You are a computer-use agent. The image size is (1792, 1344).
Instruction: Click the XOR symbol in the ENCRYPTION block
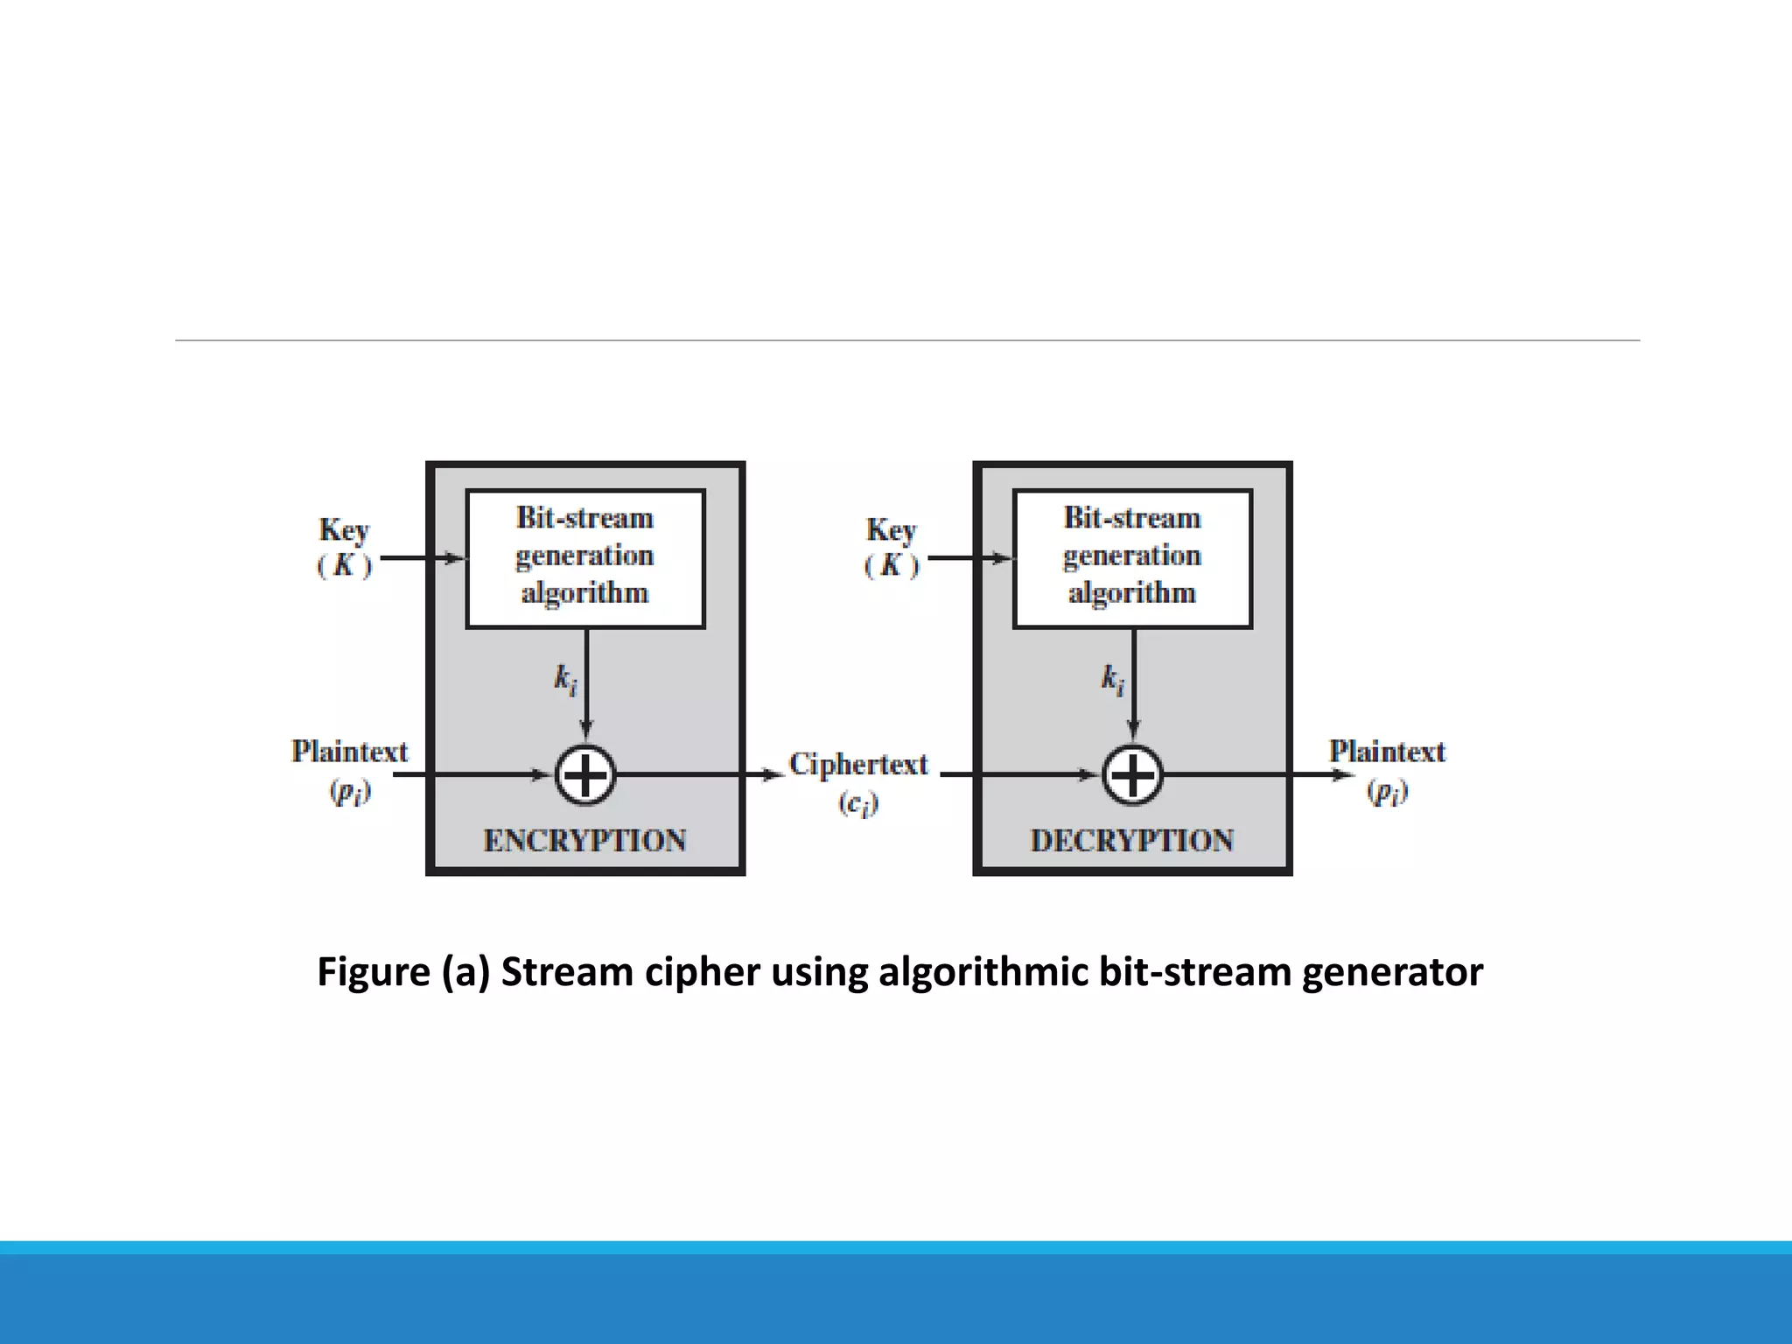585,775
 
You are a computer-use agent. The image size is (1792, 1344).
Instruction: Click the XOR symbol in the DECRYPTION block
1132,775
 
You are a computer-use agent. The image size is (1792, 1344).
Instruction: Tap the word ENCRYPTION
584,841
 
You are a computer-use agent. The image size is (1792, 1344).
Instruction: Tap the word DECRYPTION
1132,841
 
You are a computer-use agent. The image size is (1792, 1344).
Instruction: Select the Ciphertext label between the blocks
858,764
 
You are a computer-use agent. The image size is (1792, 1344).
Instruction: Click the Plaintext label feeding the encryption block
349,752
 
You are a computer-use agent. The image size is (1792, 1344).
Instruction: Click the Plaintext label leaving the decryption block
1387,752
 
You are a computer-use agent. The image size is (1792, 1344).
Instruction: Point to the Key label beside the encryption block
344,530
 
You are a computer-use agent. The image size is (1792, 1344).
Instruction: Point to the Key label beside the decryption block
891,530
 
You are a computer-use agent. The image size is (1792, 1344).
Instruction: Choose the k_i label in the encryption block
565,679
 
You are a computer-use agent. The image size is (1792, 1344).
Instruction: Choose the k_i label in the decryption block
1112,679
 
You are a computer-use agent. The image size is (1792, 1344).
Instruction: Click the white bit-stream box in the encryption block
585,558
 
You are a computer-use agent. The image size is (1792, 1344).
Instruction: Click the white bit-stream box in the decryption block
1132,558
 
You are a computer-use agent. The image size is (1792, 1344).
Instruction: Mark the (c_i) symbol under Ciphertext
858,803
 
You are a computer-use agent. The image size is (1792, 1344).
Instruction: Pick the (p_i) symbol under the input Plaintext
350,792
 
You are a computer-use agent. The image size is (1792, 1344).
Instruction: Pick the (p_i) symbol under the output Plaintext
1388,792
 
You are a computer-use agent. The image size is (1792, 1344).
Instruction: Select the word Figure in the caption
374,972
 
